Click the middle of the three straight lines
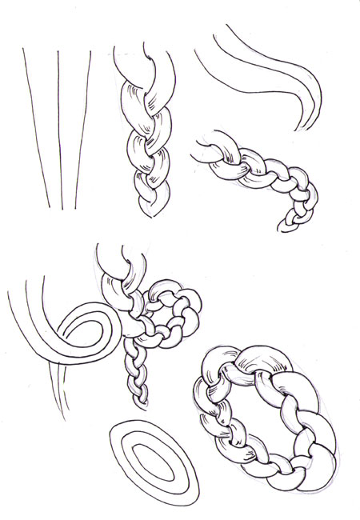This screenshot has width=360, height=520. point(59,128)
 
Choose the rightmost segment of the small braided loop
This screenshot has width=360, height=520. point(194,308)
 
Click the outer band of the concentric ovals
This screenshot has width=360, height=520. point(117,448)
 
